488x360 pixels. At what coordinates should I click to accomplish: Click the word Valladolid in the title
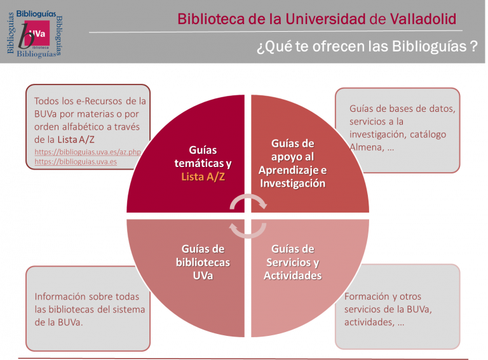(x=423, y=19)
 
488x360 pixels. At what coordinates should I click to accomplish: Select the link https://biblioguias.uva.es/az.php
(x=88, y=152)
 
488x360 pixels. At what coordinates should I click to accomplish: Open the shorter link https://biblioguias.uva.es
(x=76, y=162)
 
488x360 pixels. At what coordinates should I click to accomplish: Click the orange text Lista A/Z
(x=203, y=177)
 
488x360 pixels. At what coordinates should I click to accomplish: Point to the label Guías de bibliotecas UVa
(x=203, y=262)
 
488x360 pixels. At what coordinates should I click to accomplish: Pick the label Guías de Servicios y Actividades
(x=292, y=262)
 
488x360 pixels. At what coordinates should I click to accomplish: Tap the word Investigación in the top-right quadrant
(x=292, y=183)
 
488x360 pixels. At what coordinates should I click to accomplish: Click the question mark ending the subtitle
(x=474, y=46)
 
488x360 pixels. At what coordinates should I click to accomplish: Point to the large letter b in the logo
(x=26, y=36)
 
